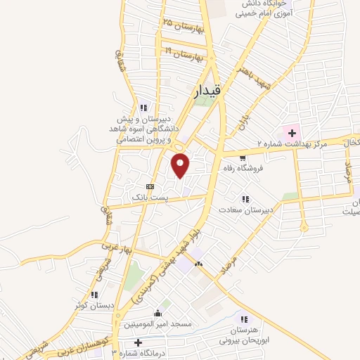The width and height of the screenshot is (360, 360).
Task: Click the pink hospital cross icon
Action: click(x=290, y=132)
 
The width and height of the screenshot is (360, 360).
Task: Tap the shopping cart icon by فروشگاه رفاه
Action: click(x=243, y=157)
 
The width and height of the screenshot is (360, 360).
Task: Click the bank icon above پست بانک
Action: click(x=150, y=186)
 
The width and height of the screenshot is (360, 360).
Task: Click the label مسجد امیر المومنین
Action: click(x=158, y=324)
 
